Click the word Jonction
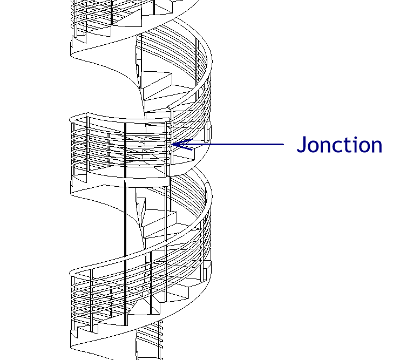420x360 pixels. (x=340, y=145)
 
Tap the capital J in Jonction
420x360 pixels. (x=301, y=145)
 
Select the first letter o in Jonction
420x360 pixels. (x=314, y=147)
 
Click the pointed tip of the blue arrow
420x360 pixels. (x=172, y=144)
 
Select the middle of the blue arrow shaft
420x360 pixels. (x=228, y=144)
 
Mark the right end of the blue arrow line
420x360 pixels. (x=283, y=144)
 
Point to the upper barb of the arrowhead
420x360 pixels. (x=182, y=142)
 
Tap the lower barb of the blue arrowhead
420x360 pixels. (x=182, y=147)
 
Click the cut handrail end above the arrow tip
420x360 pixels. (x=170, y=108)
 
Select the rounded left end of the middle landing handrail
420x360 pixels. (x=71, y=119)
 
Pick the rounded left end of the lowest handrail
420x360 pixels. (x=71, y=273)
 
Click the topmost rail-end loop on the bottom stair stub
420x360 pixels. (x=161, y=322)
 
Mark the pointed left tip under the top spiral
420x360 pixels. (x=71, y=55)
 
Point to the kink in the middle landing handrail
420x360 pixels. (x=87, y=114)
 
